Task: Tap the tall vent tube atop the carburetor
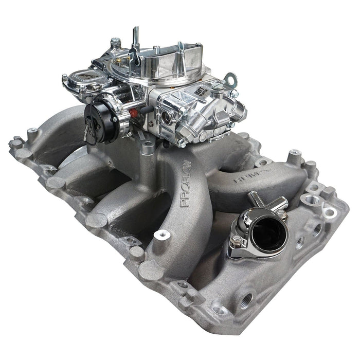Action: click(136, 39)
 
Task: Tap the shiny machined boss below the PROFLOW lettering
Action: click(160, 235)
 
